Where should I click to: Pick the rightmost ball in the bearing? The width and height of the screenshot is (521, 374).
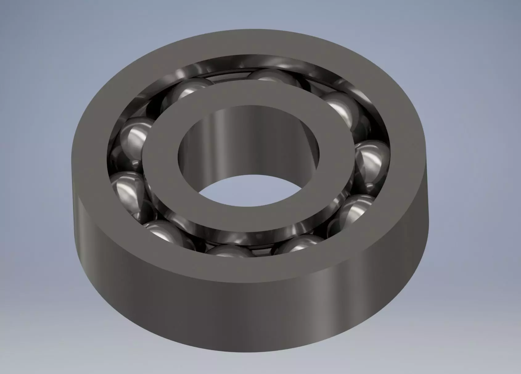[371, 160]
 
